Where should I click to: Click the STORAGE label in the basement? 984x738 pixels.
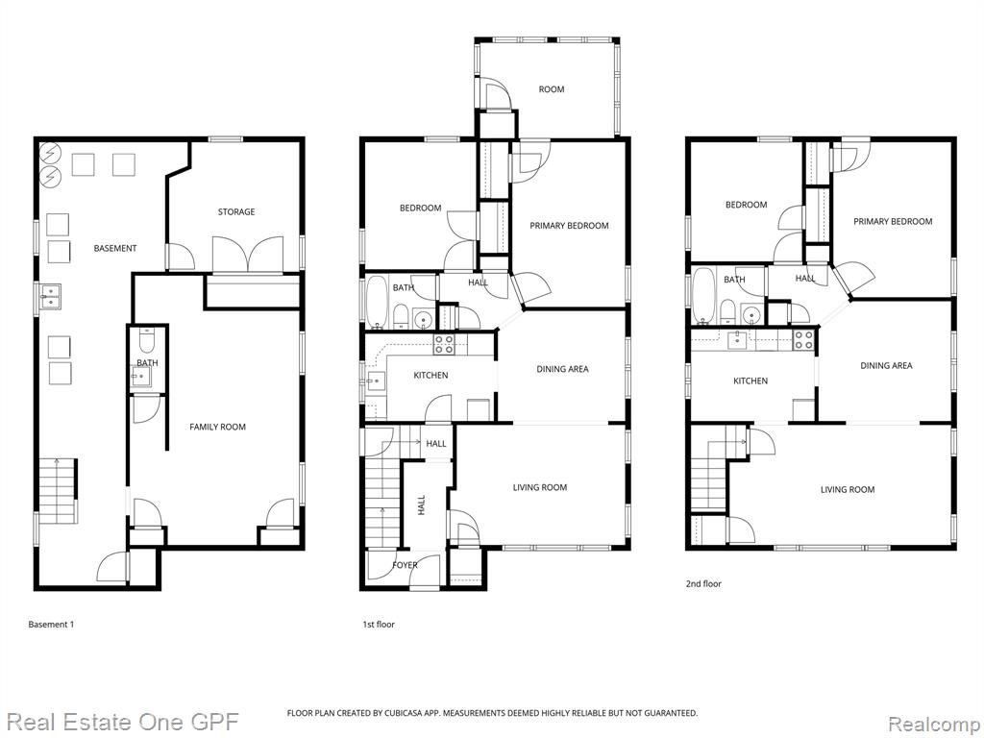pos(236,212)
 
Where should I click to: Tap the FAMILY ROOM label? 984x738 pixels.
pos(218,427)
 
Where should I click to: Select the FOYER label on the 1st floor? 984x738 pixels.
pos(405,565)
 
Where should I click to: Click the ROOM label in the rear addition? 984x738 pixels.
pos(551,89)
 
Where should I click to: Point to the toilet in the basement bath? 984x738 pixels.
pos(147,340)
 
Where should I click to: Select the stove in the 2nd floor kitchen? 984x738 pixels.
pos(803,340)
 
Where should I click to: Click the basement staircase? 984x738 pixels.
pos(59,491)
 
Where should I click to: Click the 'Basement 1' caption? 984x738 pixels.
pos(51,625)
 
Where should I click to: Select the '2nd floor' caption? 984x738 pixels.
pos(703,583)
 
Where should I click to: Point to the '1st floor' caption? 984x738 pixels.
pos(379,625)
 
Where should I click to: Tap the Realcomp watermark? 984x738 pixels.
pos(934,724)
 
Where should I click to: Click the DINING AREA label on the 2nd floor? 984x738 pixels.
pos(886,365)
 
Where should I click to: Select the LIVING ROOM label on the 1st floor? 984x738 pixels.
pos(540,487)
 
